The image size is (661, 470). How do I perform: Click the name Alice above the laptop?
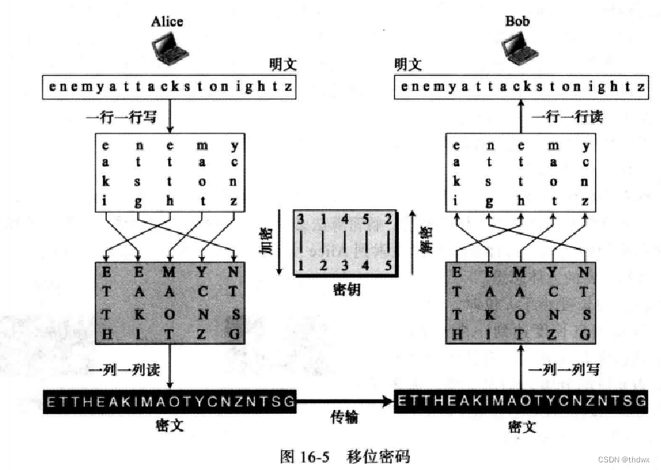tap(167, 21)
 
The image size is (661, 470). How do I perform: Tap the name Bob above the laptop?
tap(518, 21)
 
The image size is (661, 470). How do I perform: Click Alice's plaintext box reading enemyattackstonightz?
tap(168, 87)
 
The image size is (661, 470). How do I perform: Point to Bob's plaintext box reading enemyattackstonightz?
tap(522, 87)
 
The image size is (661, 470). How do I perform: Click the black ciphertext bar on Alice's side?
tap(168, 401)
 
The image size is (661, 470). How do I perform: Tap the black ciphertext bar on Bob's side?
tap(522, 401)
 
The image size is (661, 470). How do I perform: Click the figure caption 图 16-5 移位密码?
tap(345, 456)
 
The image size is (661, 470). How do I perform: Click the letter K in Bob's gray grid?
tap(489, 313)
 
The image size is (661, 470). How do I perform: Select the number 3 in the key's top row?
tap(301, 221)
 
